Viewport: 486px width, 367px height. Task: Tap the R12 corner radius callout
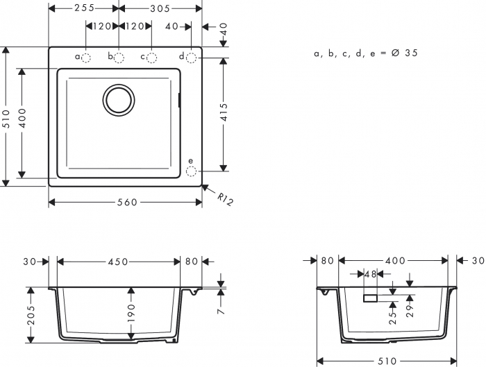click(x=225, y=200)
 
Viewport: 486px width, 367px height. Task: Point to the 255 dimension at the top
click(x=84, y=8)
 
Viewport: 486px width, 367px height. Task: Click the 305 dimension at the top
click(x=160, y=8)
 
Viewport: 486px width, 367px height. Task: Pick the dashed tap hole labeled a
click(x=87, y=57)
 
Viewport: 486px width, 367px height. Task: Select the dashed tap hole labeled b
click(x=119, y=57)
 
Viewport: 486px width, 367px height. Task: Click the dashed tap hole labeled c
click(x=151, y=57)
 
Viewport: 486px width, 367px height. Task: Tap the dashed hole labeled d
click(x=192, y=57)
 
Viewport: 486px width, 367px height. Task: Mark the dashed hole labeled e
click(x=192, y=169)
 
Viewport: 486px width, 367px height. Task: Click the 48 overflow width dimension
click(x=370, y=275)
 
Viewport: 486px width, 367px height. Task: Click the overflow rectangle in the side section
click(x=371, y=298)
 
